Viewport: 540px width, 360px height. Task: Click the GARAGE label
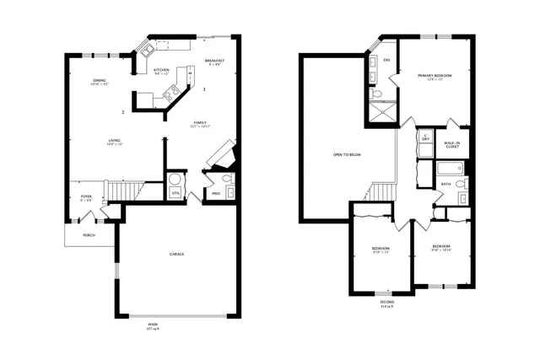177,254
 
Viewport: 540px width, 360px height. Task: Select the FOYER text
86,196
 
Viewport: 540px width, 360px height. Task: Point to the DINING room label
99,80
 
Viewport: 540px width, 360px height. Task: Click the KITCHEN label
161,70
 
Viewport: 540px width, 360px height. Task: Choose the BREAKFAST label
213,61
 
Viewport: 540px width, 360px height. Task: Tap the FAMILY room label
200,122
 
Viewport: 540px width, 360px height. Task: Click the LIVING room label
115,140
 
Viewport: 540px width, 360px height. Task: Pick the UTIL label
175,193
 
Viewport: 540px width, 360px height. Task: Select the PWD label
216,193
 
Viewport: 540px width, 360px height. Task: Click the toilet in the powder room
227,180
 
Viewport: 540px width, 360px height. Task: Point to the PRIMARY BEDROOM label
435,76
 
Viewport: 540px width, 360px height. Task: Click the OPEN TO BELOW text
347,155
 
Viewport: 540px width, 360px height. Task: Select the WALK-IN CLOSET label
452,144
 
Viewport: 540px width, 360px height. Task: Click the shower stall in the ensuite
378,110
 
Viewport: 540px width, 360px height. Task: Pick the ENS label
386,60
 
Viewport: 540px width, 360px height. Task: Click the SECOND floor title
386,301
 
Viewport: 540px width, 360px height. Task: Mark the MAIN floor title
154,325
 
